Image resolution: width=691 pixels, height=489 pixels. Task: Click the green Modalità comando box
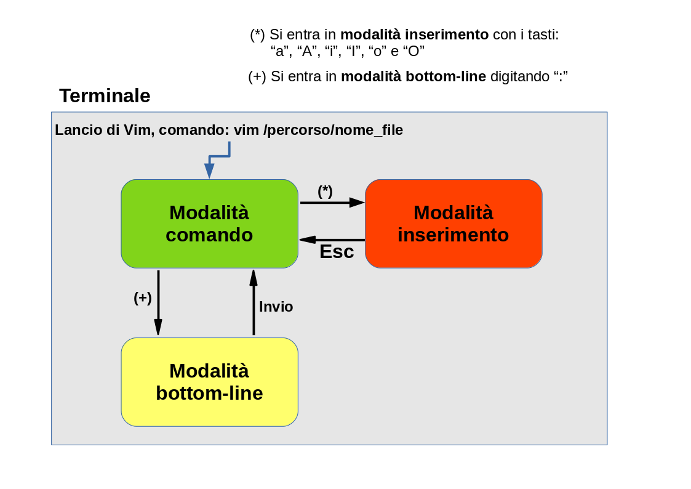(x=209, y=224)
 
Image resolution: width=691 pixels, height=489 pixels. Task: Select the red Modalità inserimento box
(x=453, y=224)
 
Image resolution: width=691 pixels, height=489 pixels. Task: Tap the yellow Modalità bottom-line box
(x=209, y=382)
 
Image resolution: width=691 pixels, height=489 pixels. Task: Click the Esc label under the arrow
(x=337, y=252)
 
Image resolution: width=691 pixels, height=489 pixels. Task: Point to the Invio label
(x=276, y=307)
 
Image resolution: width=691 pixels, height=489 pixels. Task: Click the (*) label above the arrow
(x=326, y=191)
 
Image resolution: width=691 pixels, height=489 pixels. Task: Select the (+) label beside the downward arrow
(x=142, y=298)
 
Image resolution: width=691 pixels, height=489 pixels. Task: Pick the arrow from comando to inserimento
(x=332, y=203)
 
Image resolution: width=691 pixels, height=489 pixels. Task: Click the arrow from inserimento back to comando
(x=332, y=240)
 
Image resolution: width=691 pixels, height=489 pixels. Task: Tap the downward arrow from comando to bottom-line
(x=158, y=303)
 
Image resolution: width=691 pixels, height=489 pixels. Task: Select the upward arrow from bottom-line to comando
(x=254, y=302)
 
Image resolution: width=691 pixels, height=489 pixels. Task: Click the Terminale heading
(x=105, y=95)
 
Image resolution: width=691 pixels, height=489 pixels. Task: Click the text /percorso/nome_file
(x=333, y=131)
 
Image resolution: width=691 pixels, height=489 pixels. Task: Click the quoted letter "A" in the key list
(x=306, y=51)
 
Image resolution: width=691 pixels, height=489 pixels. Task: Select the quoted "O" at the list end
(x=414, y=51)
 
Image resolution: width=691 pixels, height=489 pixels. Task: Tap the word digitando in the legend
(x=520, y=77)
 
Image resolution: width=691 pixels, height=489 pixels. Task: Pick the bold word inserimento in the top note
(x=447, y=34)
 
